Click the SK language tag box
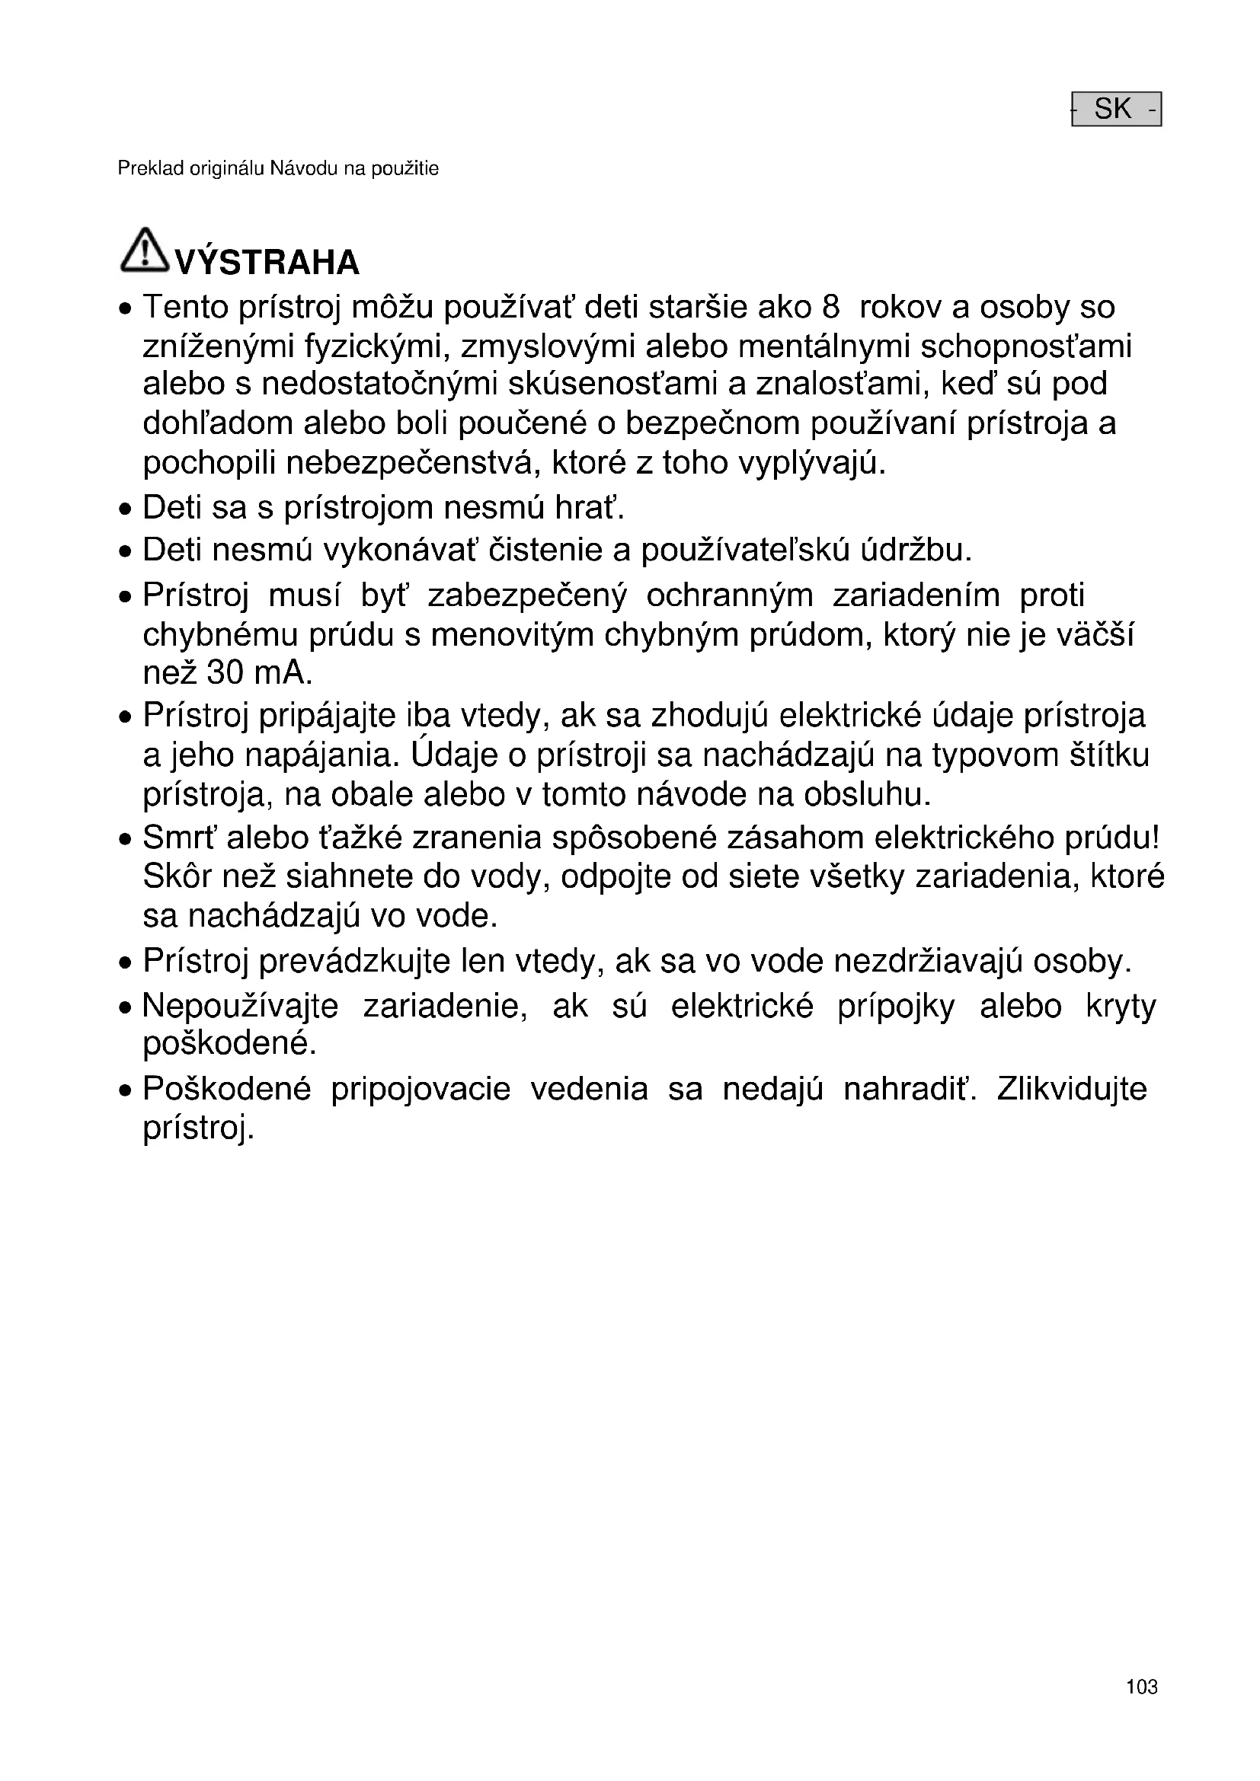[1116, 109]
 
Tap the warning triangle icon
[143, 250]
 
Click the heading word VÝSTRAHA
[267, 263]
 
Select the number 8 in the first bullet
[830, 307]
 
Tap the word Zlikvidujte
[1072, 1088]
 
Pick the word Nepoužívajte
[241, 1006]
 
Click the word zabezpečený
[527, 595]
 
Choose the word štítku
[1109, 755]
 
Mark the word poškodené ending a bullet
[229, 1044]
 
